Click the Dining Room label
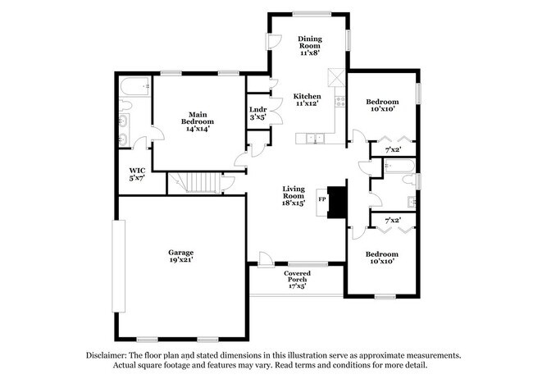[x=308, y=43]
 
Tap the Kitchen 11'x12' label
[x=307, y=100]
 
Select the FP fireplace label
[x=322, y=199]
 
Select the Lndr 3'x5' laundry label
[x=257, y=112]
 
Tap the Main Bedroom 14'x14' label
[x=198, y=121]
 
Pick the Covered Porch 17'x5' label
[x=297, y=280]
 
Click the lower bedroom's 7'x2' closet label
[x=393, y=221]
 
